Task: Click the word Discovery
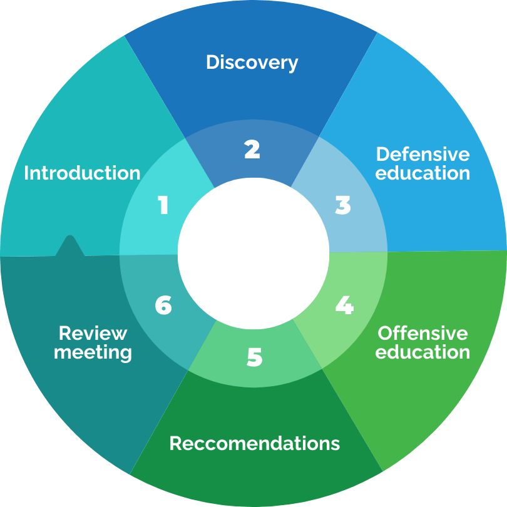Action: pos(252,63)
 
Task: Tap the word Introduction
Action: pos(82,173)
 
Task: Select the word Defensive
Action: pos(423,154)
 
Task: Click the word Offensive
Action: pos(423,332)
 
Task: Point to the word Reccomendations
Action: pos(255,444)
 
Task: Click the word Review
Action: pos(93,333)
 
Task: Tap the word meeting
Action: pos(93,352)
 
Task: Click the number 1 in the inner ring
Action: pos(163,205)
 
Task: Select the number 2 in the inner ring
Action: pos(252,149)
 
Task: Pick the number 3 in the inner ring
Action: pos(343,205)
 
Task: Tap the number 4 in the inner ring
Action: pos(344,305)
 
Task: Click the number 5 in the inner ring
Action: pos(254,357)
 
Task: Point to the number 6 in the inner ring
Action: pos(163,305)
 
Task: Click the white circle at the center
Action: pos(253,253)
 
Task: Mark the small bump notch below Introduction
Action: pos(69,244)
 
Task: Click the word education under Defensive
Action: pos(423,173)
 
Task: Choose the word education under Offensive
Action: pos(423,352)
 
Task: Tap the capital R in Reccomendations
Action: pos(175,444)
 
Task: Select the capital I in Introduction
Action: pos(26,173)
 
